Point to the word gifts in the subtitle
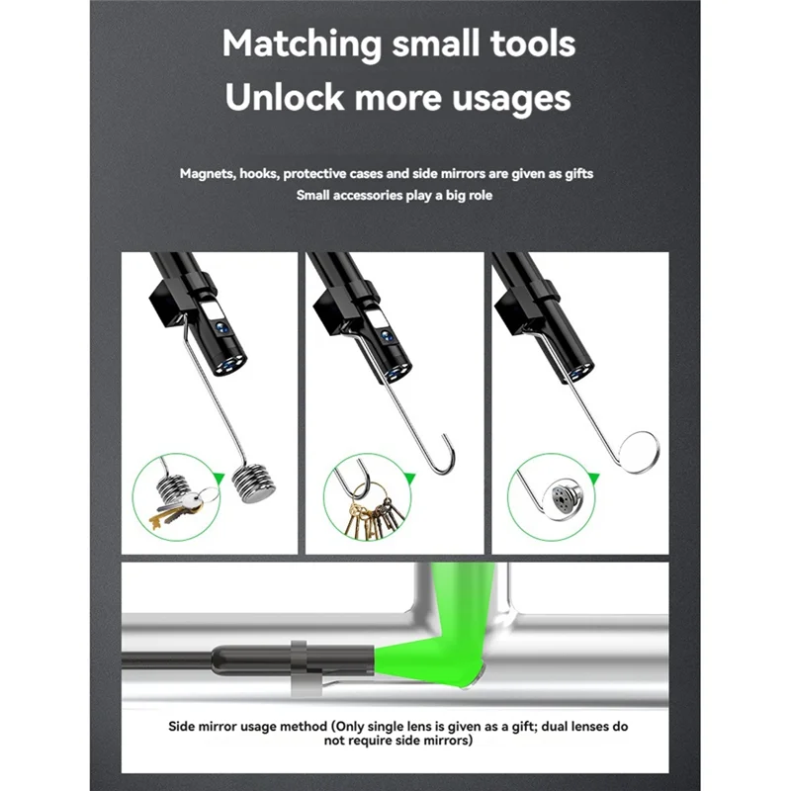point(604,174)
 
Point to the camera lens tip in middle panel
point(396,372)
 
